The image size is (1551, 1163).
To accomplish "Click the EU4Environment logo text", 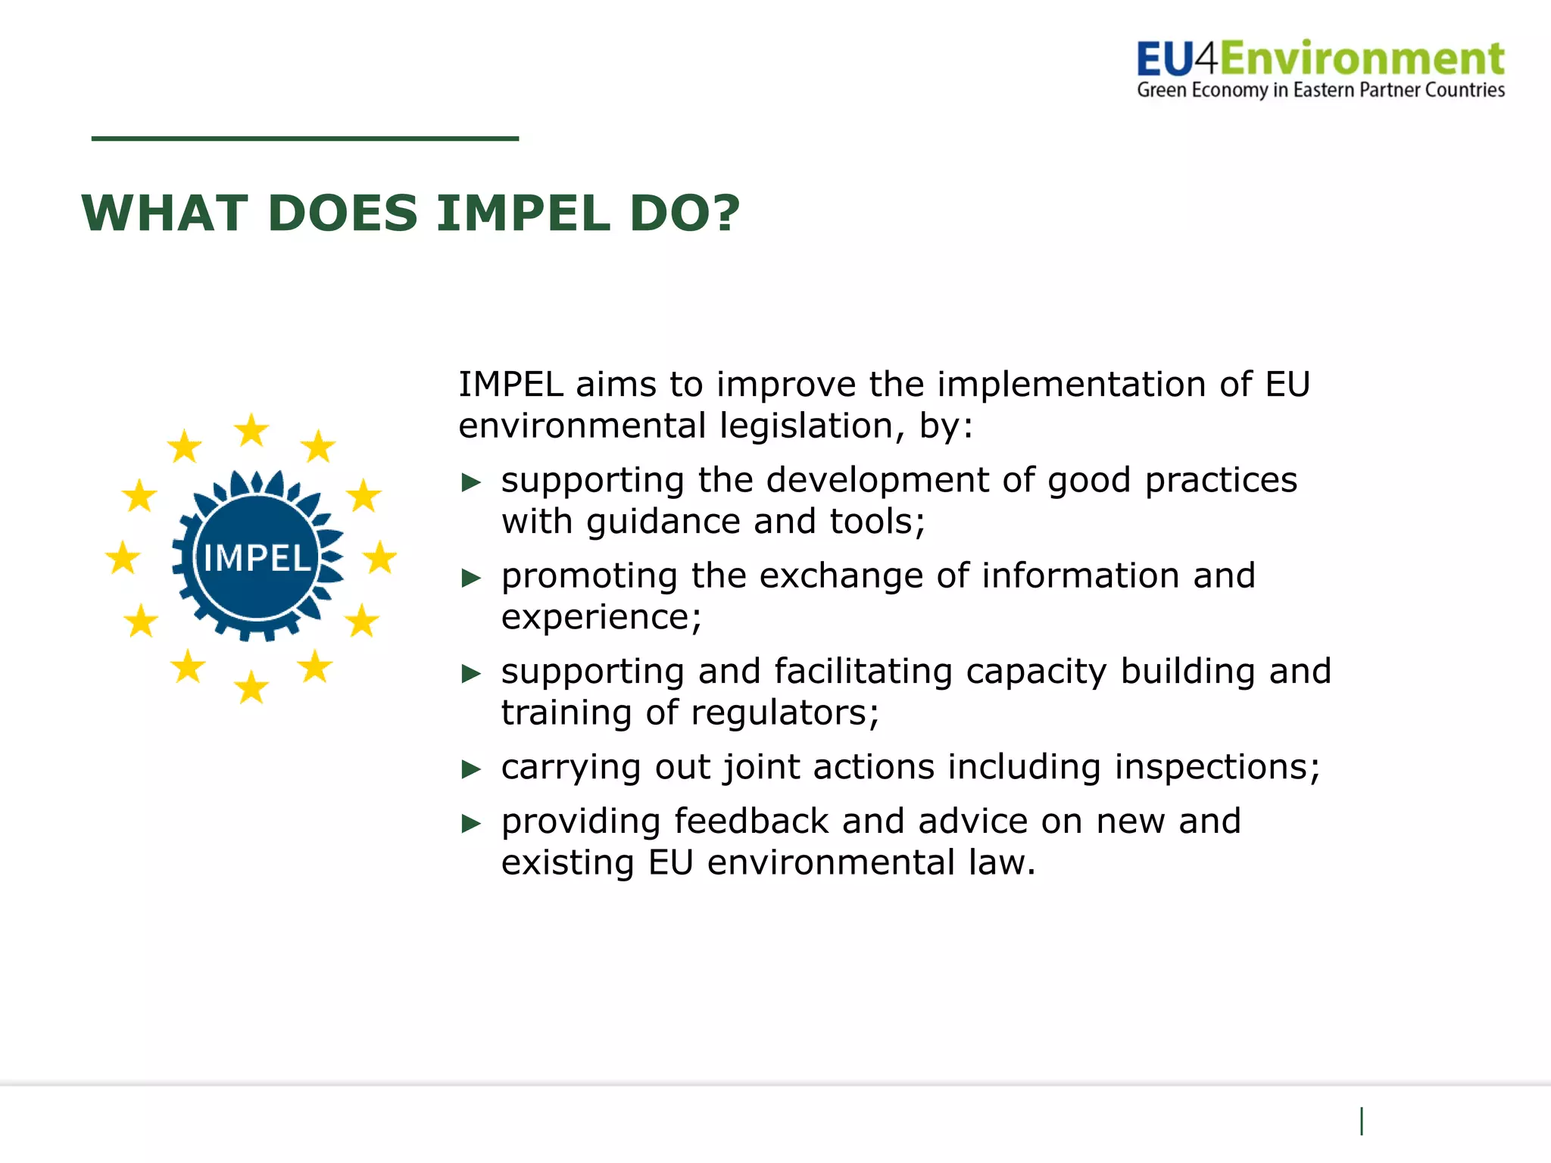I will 1321,60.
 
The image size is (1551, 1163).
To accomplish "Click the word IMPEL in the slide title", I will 523,214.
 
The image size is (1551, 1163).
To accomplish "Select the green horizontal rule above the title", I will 304,139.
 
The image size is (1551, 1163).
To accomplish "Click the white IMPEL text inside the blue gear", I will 257,559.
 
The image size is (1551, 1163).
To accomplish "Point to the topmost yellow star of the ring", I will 251,430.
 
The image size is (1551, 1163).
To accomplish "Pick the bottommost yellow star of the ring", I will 251,688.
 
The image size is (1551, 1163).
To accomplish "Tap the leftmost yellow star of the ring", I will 123,558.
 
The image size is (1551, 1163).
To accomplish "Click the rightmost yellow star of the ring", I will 380,558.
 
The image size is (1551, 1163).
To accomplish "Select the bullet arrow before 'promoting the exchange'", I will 472,578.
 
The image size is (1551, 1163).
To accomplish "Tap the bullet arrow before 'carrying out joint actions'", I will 472,770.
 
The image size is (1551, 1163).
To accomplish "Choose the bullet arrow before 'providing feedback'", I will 472,824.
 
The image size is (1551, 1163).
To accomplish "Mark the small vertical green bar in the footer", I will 1362,1121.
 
